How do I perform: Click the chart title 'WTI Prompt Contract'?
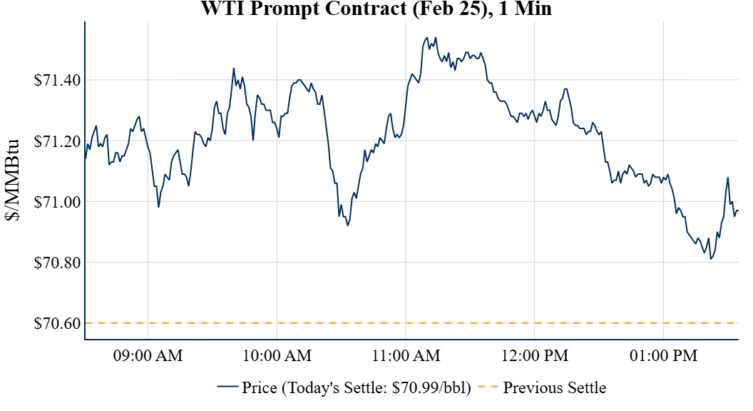[x=376, y=9]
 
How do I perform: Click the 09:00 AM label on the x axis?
[x=148, y=355]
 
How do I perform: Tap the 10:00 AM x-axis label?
[x=277, y=355]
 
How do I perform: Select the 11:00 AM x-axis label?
[x=406, y=355]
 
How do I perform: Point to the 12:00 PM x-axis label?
[x=535, y=355]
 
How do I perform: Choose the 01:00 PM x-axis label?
[x=664, y=355]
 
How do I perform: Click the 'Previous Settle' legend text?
[x=554, y=388]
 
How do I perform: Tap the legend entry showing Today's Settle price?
[x=357, y=388]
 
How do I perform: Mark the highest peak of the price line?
[x=426, y=37]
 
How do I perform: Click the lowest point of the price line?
[x=711, y=259]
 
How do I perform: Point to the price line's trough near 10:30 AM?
[x=347, y=225]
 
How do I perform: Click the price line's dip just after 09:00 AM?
[x=158, y=207]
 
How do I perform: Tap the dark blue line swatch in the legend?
[x=227, y=388]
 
